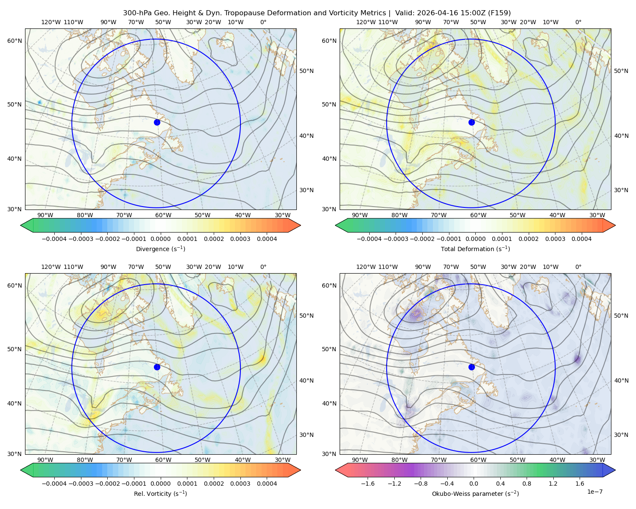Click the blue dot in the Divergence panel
click(x=157, y=123)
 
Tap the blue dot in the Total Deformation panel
click(x=471, y=123)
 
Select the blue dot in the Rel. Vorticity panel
click(x=157, y=367)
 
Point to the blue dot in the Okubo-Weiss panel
click(x=471, y=367)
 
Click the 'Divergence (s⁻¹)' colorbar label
click(x=160, y=249)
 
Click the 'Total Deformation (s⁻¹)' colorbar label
click(x=475, y=249)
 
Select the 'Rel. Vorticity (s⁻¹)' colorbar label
click(x=160, y=494)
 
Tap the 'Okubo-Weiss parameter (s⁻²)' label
click(x=475, y=494)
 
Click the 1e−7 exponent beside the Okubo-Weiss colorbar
click(x=594, y=492)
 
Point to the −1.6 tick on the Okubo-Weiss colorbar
click(x=368, y=484)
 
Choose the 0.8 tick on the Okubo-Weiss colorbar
click(x=527, y=484)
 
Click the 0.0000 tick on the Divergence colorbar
click(x=160, y=239)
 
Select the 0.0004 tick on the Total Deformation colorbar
click(x=582, y=239)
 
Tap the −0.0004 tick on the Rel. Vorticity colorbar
click(x=54, y=484)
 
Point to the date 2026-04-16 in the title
click(x=435, y=13)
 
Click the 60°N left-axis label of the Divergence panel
click(x=14, y=41)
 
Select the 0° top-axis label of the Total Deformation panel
click(x=578, y=22)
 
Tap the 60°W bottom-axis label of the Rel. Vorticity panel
click(x=163, y=460)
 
